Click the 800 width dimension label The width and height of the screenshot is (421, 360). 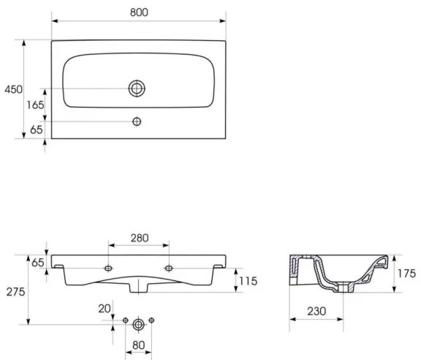point(138,12)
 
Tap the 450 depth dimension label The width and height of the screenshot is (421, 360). point(12,89)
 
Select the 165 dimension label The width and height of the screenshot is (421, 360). point(35,105)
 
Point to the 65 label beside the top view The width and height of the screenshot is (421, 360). point(35,130)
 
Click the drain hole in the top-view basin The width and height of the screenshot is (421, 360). point(137,89)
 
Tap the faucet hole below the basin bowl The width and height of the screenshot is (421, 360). point(137,121)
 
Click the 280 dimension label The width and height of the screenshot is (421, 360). point(139,238)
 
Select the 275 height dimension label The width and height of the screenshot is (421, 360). point(15,291)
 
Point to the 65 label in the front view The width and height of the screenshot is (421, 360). point(37,261)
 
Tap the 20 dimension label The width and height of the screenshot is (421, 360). point(105,308)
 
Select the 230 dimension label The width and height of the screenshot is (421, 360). point(316,312)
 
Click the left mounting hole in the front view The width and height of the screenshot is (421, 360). point(109,269)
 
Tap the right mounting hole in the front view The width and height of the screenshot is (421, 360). point(169,269)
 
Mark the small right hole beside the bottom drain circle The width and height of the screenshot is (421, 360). point(152,320)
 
